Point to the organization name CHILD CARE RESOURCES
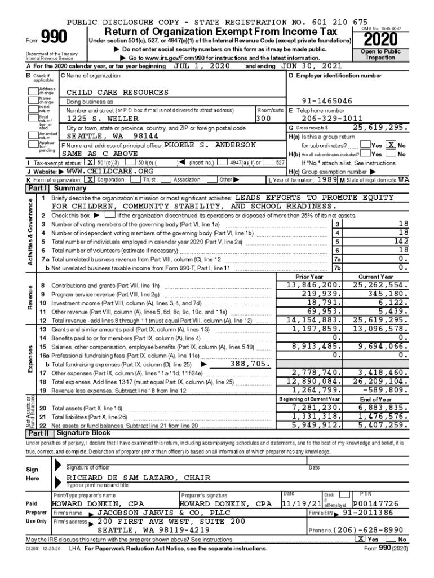point(117,92)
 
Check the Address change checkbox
point(34,91)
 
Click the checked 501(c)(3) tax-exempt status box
point(90,163)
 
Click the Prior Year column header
point(309,277)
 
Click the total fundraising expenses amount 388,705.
point(249,364)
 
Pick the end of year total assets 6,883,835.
point(382,408)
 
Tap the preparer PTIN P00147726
point(375,503)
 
